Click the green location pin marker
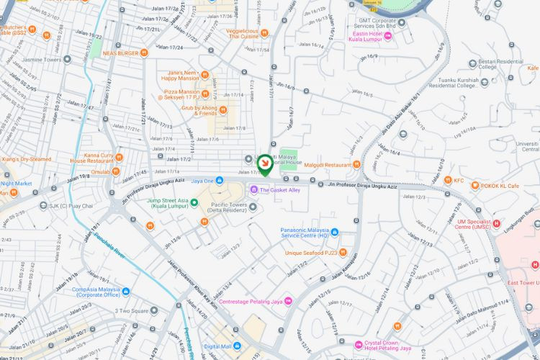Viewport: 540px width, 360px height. coord(264,165)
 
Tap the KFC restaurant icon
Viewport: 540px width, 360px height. coord(447,181)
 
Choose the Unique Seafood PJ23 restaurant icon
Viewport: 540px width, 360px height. coord(343,253)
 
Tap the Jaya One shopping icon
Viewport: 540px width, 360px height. coord(220,181)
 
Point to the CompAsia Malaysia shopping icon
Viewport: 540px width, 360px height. coord(126,292)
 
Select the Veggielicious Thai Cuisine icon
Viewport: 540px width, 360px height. coord(265,32)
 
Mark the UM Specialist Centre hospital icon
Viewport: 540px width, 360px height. coord(496,223)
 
